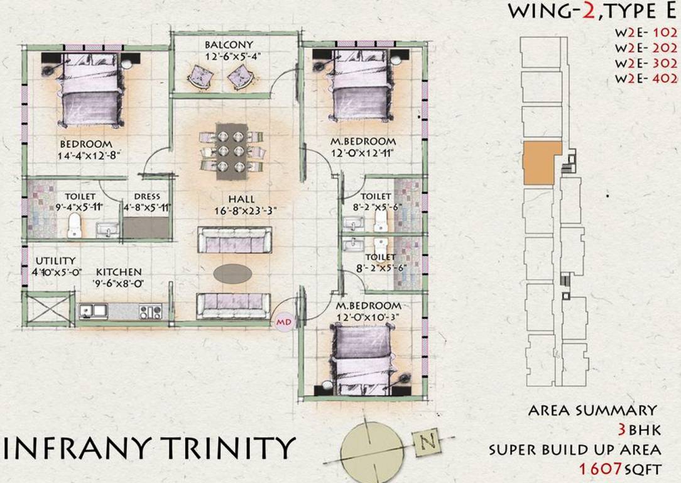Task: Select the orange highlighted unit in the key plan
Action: (x=540, y=162)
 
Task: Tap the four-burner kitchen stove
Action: (x=150, y=311)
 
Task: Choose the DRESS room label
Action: (x=146, y=196)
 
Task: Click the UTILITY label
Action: (x=55, y=260)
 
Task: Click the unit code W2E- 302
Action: (x=646, y=64)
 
